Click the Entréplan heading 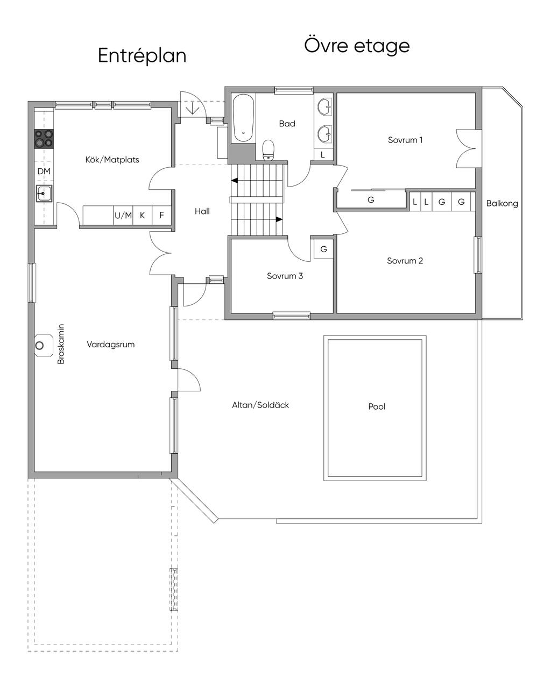tap(142, 56)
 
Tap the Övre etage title tap(357, 45)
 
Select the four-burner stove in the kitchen tap(44, 139)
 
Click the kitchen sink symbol tap(44, 192)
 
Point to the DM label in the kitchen tap(44, 171)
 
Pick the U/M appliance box tap(123, 216)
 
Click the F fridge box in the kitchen tap(161, 216)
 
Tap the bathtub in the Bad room tap(243, 119)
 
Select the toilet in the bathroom tap(268, 150)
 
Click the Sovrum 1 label tap(405, 140)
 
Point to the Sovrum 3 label tap(285, 276)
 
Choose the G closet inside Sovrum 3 tap(323, 249)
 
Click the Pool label tap(377, 406)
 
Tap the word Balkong tap(501, 203)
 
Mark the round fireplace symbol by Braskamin tap(41, 346)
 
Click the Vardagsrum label tap(110, 344)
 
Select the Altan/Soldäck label tap(260, 405)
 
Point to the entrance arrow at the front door tap(193, 108)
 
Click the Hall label tap(202, 211)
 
